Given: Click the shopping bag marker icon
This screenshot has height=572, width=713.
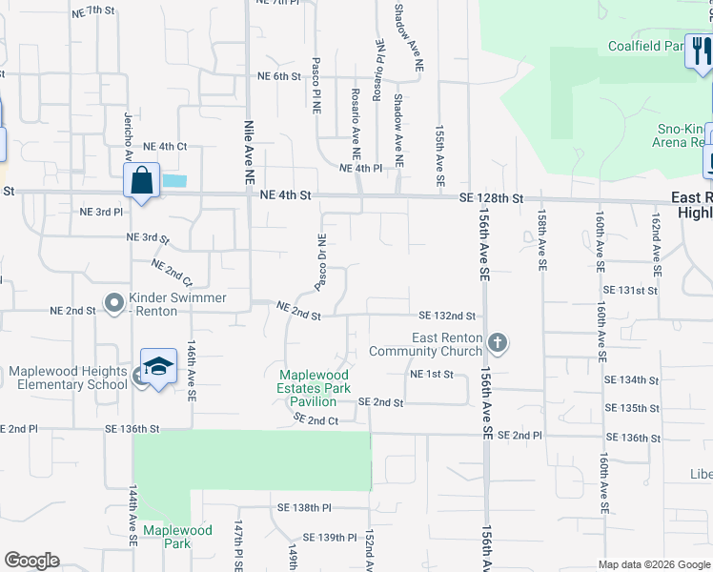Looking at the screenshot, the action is click(141, 181).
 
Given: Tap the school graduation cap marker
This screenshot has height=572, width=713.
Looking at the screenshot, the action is click(159, 367).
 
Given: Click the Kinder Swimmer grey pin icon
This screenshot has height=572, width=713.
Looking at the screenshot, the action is click(114, 304).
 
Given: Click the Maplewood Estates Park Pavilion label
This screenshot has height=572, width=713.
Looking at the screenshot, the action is click(315, 388).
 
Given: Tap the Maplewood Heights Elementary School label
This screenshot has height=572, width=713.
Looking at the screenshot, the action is click(69, 378).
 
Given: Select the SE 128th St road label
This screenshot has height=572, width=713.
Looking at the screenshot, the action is click(491, 198).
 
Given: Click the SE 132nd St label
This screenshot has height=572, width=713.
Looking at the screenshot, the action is click(447, 316).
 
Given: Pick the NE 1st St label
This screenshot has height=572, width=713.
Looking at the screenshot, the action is click(431, 375).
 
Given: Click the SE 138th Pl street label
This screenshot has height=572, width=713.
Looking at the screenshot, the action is click(303, 509).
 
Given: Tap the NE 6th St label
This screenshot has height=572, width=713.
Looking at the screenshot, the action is click(278, 76).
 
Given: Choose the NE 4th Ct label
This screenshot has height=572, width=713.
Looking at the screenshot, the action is click(165, 147).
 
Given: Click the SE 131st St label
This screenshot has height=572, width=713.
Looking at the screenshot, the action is click(631, 288).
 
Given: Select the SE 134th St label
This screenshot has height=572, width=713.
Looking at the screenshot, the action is click(632, 379).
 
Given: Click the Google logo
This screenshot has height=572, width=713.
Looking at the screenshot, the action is click(32, 561).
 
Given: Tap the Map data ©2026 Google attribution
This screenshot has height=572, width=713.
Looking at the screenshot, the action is click(653, 564).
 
